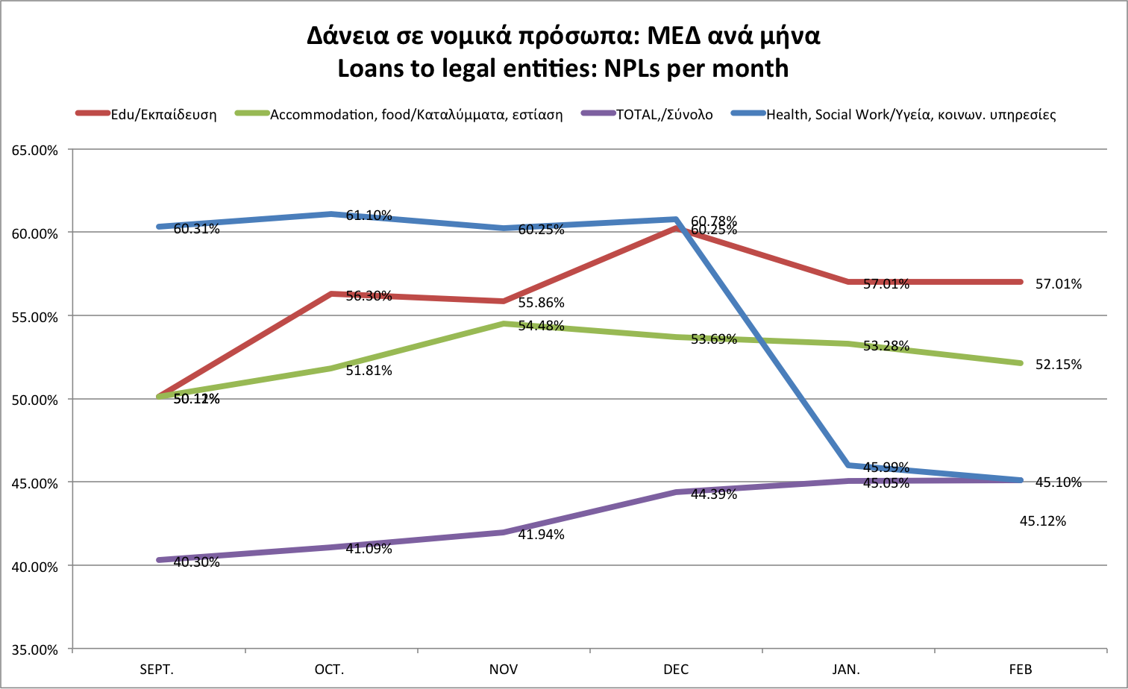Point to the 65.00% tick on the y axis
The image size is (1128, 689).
tap(35, 150)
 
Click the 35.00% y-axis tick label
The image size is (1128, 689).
tap(35, 649)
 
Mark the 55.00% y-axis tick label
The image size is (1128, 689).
tap(35, 317)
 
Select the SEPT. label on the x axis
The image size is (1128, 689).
tap(157, 669)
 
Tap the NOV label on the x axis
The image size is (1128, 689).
tap(504, 669)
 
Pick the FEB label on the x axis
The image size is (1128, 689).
tap(1021, 669)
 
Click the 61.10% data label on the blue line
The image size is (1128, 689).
tap(369, 215)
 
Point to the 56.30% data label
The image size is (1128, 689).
tap(369, 296)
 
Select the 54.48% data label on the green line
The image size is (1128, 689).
tap(541, 326)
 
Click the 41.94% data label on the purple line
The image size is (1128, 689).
tap(541, 535)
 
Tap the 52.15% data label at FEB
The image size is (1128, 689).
tap(1058, 365)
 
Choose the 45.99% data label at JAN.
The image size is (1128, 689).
tap(886, 468)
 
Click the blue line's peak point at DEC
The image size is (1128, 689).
tap(676, 219)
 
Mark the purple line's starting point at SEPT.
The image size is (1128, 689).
tap(159, 560)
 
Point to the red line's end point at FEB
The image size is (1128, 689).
tap(1021, 282)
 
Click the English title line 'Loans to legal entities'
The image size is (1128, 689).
tap(563, 69)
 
